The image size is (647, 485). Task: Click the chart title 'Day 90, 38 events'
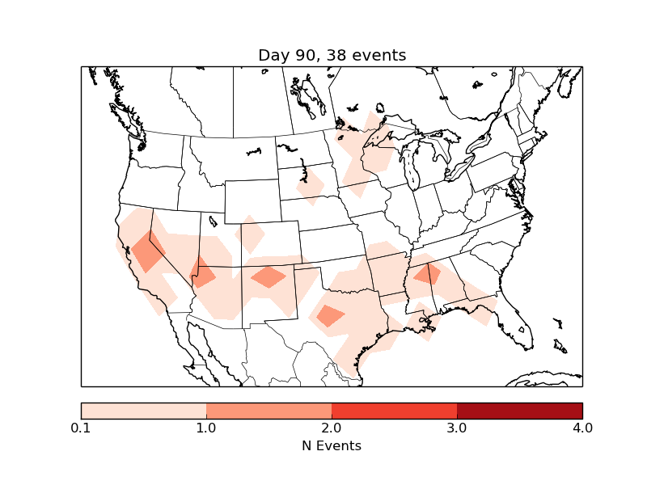(x=332, y=55)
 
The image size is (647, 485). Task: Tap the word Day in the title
(x=273, y=55)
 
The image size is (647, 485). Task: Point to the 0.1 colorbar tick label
(x=81, y=428)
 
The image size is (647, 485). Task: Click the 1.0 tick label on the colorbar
(x=206, y=428)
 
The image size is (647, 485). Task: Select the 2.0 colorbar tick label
(x=332, y=428)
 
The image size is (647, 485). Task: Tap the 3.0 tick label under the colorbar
(x=457, y=428)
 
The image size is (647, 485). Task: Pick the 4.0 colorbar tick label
(x=581, y=428)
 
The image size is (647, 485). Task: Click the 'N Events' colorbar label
(x=332, y=445)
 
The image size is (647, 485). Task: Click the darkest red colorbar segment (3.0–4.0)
(x=519, y=411)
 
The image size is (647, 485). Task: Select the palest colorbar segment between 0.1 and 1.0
(x=144, y=411)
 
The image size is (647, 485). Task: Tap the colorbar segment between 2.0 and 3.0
(x=394, y=411)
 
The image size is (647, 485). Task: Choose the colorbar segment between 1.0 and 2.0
(x=269, y=411)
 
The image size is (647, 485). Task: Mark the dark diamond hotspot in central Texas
(x=331, y=315)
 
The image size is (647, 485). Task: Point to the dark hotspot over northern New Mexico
(x=268, y=277)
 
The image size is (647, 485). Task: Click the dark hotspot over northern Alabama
(x=428, y=275)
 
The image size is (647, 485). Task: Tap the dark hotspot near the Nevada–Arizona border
(x=202, y=273)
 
